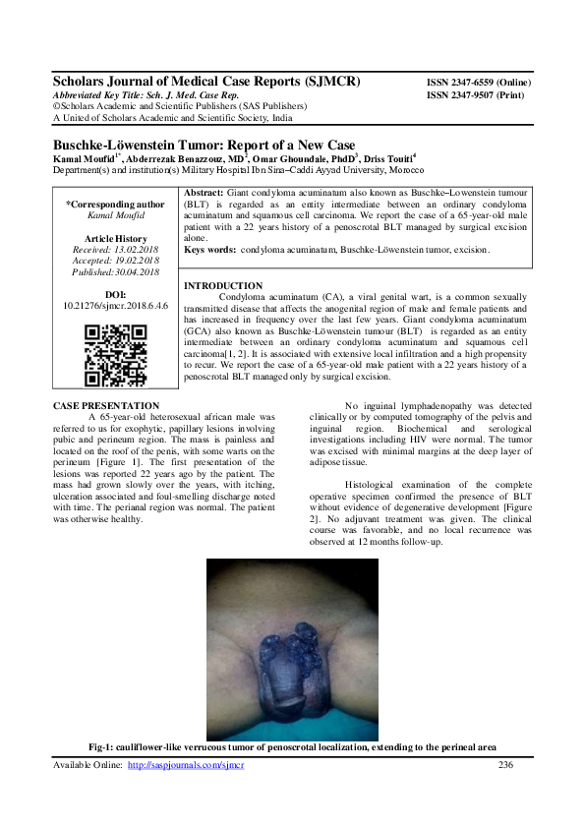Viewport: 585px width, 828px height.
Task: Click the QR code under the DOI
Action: (107, 355)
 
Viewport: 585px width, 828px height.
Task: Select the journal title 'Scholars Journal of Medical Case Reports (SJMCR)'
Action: (206, 82)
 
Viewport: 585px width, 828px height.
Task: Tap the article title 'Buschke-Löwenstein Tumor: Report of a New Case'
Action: (203, 145)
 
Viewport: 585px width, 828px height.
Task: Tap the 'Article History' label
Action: (109, 239)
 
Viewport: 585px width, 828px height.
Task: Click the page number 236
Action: (506, 764)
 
